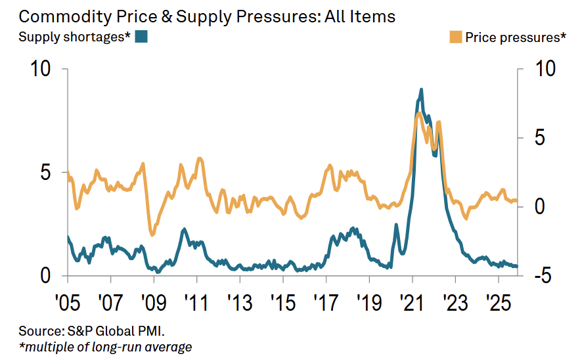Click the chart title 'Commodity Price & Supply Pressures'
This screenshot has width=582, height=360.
207,16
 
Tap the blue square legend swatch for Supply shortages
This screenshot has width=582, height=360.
141,37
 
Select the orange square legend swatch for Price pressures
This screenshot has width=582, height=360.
455,37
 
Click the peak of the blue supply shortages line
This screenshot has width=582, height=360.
421,89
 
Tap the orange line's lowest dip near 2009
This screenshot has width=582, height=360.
152,235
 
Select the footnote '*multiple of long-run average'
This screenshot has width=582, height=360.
106,346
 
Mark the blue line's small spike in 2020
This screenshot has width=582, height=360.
396,225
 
